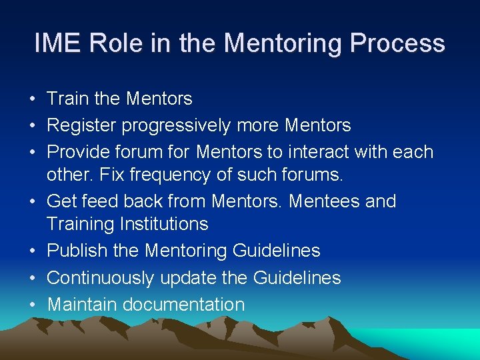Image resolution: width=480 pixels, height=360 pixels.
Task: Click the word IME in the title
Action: tap(57, 44)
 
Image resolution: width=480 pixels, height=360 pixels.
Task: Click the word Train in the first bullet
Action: tap(68, 99)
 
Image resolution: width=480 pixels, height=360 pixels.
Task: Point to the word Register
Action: tap(81, 126)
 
